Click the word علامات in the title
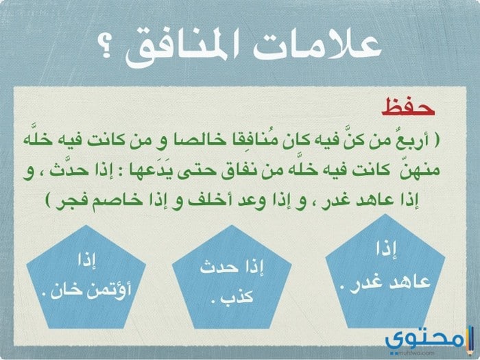(x=317, y=45)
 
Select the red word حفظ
(x=408, y=107)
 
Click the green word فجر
(x=73, y=201)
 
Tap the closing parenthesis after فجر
(x=49, y=200)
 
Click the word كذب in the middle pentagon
(x=241, y=296)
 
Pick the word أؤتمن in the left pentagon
(x=109, y=289)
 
